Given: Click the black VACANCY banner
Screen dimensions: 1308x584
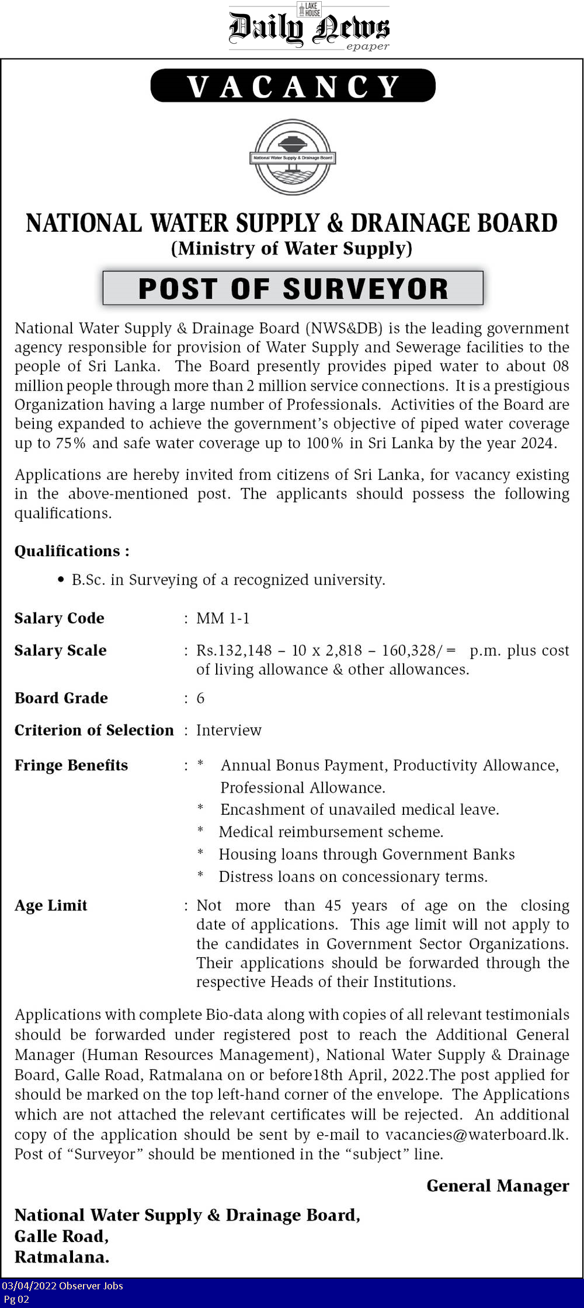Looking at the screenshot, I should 293,86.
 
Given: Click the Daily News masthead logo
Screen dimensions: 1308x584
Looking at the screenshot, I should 309,28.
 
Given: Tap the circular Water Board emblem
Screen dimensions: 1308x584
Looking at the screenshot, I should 293,157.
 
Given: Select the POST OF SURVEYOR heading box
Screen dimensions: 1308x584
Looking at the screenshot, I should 293,288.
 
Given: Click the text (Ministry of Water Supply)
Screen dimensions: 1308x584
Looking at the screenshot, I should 291,249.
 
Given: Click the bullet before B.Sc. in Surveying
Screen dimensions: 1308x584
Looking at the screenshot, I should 61,580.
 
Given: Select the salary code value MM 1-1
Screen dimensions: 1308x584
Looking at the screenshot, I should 223,618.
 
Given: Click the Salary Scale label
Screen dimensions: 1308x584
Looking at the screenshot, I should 60,650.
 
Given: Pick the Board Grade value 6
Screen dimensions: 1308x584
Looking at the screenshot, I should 200,698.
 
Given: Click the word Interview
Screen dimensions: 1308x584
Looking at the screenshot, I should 228,730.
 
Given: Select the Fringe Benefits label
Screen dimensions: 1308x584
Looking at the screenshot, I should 71,765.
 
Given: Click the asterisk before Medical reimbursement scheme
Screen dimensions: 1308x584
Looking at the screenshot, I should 200,831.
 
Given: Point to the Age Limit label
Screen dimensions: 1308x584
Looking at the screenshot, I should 51,905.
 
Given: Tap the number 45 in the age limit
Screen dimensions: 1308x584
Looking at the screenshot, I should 333,905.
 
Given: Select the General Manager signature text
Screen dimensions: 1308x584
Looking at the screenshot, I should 498,1185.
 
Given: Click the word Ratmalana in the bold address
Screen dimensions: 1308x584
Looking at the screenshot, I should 61,1257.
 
